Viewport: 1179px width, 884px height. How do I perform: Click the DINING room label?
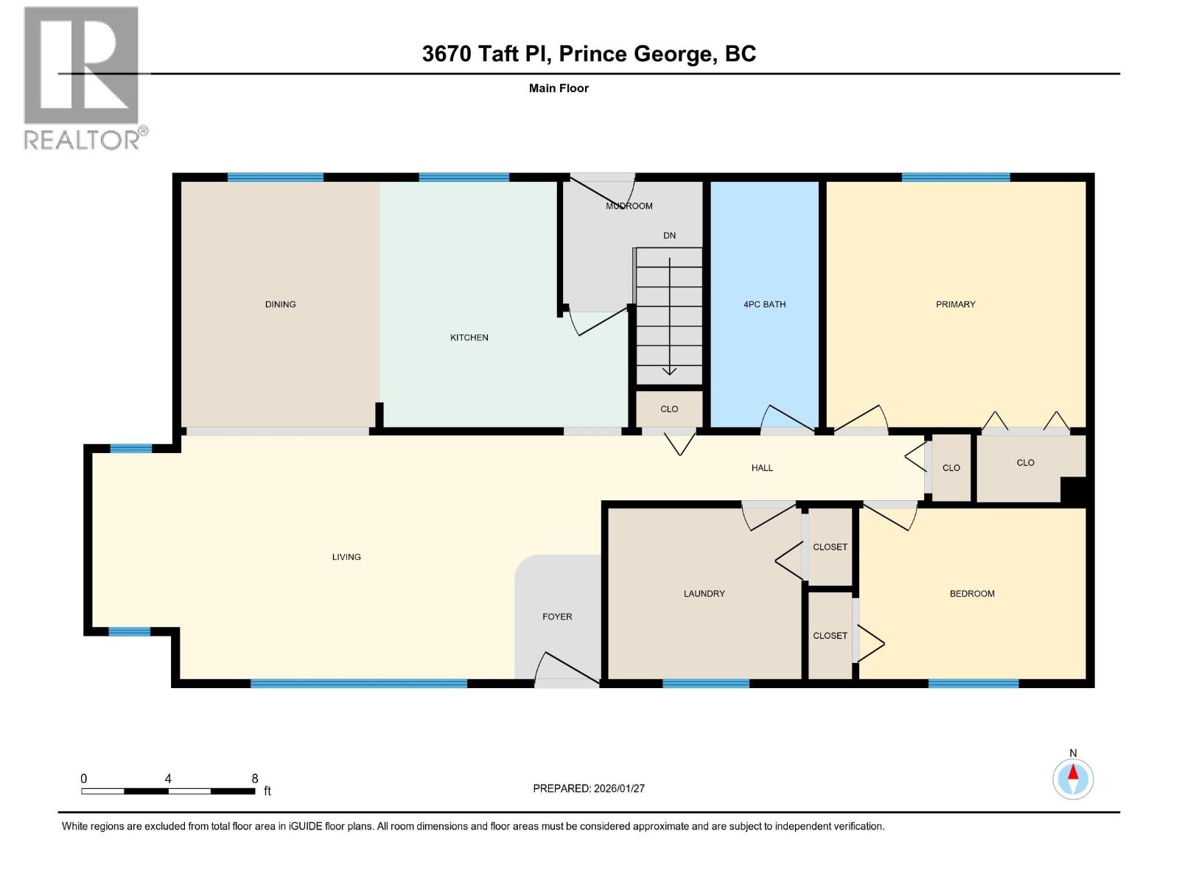280,304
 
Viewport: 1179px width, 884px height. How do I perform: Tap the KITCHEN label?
469,337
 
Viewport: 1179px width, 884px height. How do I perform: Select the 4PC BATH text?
764,304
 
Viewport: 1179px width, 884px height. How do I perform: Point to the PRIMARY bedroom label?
955,304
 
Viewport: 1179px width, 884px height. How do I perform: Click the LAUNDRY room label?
704,594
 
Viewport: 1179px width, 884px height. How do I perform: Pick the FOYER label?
557,617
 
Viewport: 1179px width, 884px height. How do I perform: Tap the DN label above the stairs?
669,236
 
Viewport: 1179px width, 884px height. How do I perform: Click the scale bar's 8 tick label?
255,779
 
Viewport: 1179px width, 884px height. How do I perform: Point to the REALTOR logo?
82,77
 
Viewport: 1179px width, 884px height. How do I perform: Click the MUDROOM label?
629,206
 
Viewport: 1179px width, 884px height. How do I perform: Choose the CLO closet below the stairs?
669,409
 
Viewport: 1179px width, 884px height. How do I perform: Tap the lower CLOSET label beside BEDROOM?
830,636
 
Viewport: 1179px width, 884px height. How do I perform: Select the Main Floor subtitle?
559,88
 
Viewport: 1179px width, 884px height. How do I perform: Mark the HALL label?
762,468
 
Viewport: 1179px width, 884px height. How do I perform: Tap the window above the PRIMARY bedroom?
955,178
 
